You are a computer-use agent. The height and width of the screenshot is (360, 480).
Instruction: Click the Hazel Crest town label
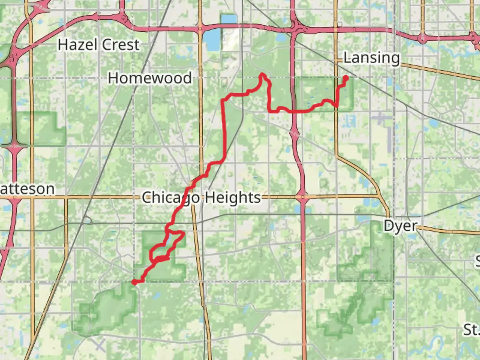[98, 45]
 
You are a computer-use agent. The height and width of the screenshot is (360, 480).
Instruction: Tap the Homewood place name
[150, 78]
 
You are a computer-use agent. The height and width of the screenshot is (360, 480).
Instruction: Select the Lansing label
[371, 58]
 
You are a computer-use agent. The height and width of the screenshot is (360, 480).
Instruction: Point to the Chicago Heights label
[201, 197]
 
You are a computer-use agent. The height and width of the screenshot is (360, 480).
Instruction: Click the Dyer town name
[400, 226]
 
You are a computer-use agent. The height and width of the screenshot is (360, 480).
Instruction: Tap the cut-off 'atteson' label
[27, 189]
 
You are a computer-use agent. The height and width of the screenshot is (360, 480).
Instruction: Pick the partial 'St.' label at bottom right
[471, 330]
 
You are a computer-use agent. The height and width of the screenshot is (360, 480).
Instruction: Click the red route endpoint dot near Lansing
[346, 78]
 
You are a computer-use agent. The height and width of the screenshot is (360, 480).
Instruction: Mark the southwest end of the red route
[134, 282]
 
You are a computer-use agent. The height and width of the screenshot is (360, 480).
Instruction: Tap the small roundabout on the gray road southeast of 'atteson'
[87, 220]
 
